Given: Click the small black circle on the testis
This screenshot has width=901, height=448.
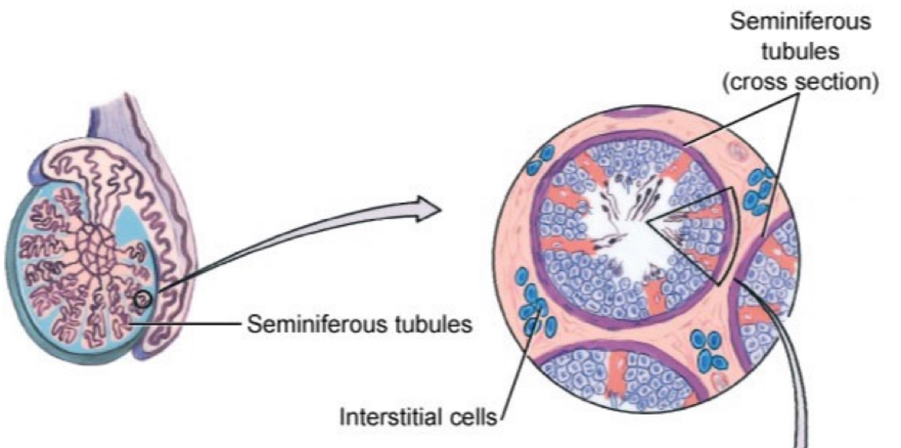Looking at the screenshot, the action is [x=142, y=298].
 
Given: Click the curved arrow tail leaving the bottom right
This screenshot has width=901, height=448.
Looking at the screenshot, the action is [x=797, y=378].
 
